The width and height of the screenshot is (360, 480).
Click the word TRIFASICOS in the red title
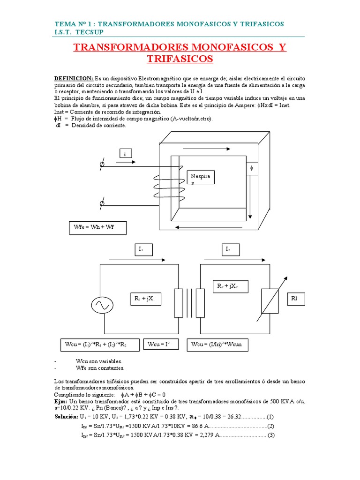point(180,59)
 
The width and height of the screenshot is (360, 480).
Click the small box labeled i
point(125,154)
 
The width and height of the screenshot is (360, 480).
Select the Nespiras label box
point(202,179)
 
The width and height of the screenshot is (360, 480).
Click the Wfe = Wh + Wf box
point(97,228)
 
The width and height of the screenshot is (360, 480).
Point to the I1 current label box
point(143,250)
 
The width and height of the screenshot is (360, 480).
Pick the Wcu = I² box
point(157,345)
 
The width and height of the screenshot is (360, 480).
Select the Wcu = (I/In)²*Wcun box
point(217,345)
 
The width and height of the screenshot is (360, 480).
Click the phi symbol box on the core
point(252,168)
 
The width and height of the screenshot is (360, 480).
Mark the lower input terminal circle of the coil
point(103,203)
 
